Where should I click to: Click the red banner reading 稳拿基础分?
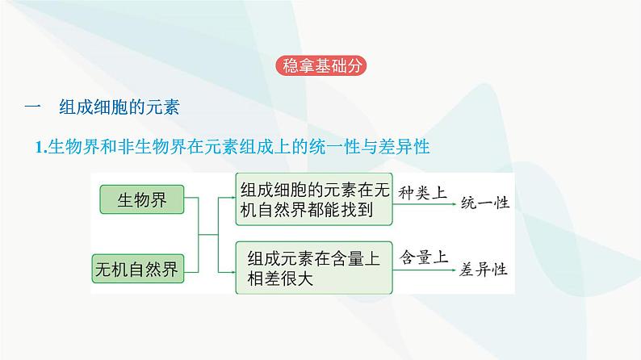point(320,65)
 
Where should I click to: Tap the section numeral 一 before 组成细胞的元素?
point(33,107)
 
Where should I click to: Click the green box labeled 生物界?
point(142,199)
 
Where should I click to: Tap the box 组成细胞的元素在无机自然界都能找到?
point(314,199)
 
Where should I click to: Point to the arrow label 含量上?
point(422,257)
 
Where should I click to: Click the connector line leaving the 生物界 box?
point(191,199)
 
